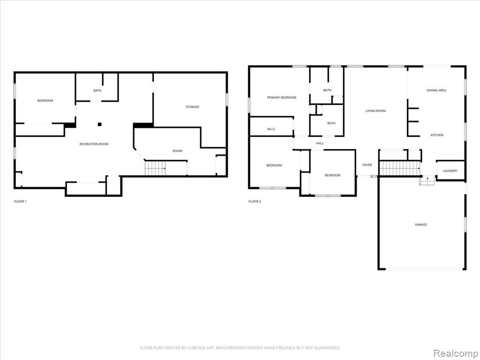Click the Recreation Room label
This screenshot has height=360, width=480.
(x=94, y=144)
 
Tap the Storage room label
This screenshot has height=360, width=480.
(x=192, y=107)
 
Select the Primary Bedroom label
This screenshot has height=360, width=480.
(x=282, y=97)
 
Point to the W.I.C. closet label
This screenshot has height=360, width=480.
(x=271, y=129)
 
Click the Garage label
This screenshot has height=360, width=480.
(x=421, y=225)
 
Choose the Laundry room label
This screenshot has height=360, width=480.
(x=450, y=171)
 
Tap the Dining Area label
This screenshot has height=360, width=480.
(x=436, y=90)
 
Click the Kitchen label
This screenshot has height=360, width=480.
(x=437, y=135)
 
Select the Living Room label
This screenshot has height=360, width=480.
(x=375, y=111)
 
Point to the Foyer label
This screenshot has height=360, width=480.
(x=367, y=165)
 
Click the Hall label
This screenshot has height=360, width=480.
(x=320, y=143)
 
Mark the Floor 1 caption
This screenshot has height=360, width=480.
(x=20, y=202)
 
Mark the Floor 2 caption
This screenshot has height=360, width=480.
(x=255, y=202)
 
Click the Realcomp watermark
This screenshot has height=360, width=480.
(x=455, y=353)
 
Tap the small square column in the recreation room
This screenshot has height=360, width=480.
(x=99, y=124)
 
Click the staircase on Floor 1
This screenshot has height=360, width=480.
(x=155, y=168)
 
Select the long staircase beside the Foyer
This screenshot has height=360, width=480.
(x=400, y=168)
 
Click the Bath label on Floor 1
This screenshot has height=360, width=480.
(x=97, y=90)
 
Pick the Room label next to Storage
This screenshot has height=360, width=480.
(x=177, y=151)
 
